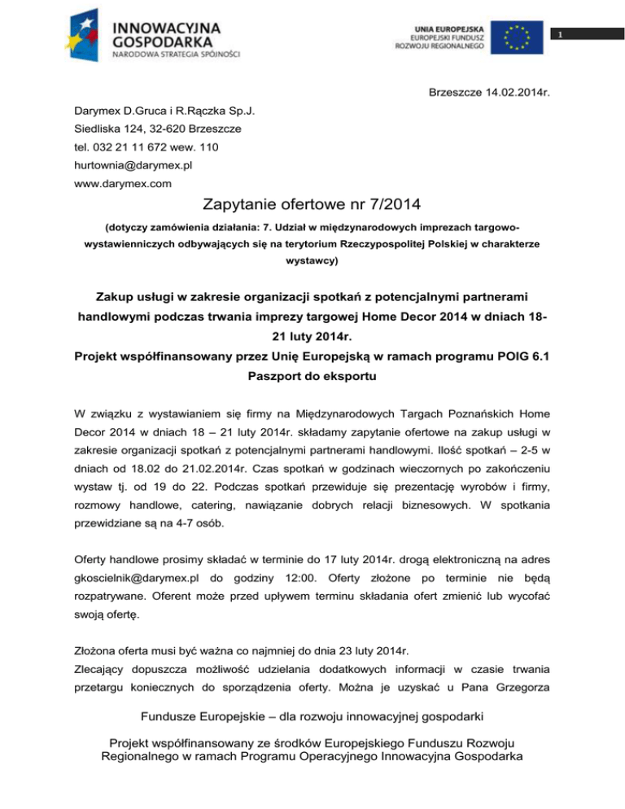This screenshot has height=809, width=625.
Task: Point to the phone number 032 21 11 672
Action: (134, 147)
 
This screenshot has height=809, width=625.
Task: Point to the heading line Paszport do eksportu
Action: (312, 379)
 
